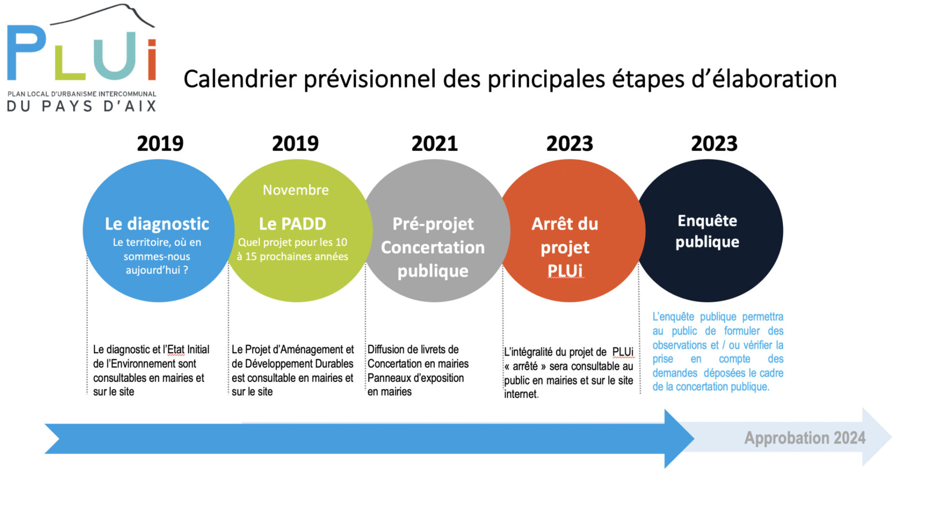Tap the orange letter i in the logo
tap(152, 60)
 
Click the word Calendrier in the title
tap(240, 79)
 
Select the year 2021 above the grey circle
tap(435, 144)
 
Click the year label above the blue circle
tap(160, 144)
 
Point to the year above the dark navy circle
tap(714, 144)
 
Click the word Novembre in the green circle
tap(296, 190)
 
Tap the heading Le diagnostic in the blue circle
tap(157, 224)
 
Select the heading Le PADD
tap(292, 224)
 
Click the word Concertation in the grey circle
tap(433, 247)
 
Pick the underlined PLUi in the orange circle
tap(565, 271)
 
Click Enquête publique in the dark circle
tap(707, 231)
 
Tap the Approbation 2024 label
tap(805, 438)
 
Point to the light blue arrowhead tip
tap(892, 437)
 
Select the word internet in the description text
tap(521, 394)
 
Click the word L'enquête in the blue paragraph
tap(673, 317)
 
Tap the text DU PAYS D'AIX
tap(82, 106)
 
